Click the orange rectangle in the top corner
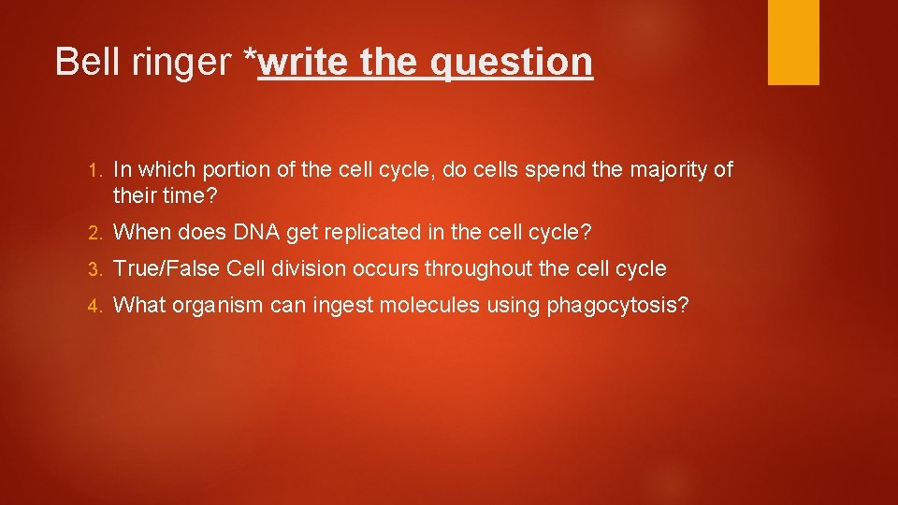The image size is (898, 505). pos(793,42)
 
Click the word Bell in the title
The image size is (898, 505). pos(85,62)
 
